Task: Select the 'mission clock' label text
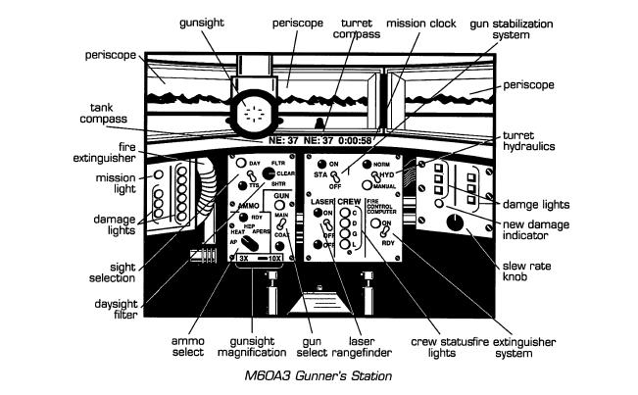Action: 411,22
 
